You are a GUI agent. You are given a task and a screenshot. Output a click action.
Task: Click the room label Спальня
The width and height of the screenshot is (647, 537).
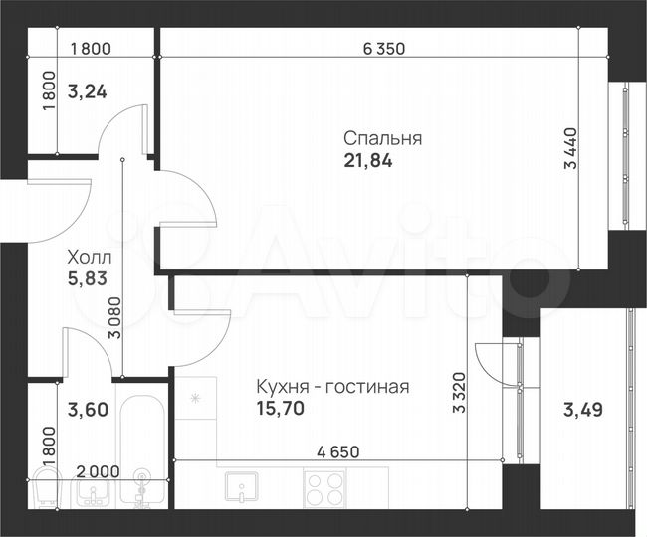(x=382, y=139)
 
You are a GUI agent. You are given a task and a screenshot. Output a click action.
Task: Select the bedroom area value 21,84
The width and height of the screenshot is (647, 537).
(x=367, y=161)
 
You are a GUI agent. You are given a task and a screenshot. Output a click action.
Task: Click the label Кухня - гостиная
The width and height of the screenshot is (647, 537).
(x=332, y=387)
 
